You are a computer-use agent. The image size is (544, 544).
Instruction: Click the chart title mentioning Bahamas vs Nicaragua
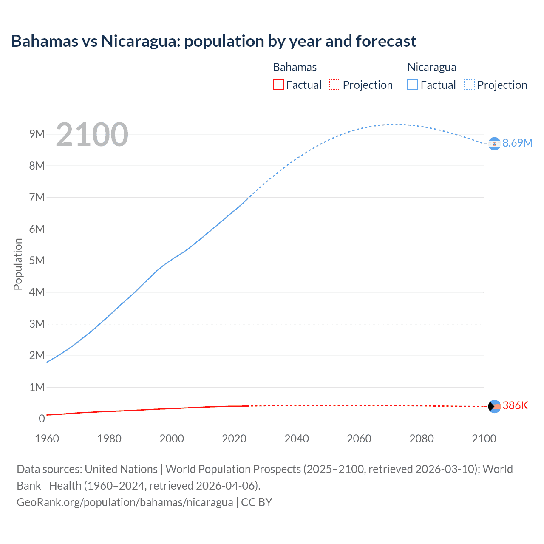click(x=214, y=41)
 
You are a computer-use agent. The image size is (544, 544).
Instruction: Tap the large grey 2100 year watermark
click(x=92, y=135)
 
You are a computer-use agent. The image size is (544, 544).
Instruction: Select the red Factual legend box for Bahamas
click(x=278, y=85)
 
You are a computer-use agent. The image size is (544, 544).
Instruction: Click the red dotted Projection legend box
click(x=335, y=85)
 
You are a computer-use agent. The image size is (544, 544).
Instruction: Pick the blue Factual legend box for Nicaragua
click(x=412, y=85)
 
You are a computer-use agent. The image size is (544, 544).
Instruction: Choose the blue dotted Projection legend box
click(x=469, y=85)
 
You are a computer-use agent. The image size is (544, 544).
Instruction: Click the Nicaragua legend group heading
click(x=432, y=67)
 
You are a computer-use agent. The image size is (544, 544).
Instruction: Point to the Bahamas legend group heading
click(x=295, y=67)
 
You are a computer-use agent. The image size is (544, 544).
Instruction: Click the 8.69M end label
click(x=517, y=143)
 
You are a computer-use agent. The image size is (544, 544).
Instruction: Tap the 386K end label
click(x=515, y=406)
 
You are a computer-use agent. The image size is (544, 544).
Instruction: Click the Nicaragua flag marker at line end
click(x=494, y=144)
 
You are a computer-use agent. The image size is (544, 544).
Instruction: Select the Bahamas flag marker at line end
click(x=494, y=406)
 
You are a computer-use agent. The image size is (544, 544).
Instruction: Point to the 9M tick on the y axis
click(x=37, y=134)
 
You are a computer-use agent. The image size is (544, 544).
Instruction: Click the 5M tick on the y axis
click(x=37, y=261)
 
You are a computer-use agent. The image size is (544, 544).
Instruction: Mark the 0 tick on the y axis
click(x=42, y=419)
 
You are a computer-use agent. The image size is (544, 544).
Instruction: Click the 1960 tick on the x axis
click(x=47, y=439)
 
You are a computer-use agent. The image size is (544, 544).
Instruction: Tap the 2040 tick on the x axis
click(x=297, y=439)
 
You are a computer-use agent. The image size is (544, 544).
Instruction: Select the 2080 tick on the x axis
click(x=422, y=439)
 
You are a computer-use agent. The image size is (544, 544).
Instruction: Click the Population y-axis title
click(x=18, y=264)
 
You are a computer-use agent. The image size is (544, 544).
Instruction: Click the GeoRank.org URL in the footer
click(x=125, y=502)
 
